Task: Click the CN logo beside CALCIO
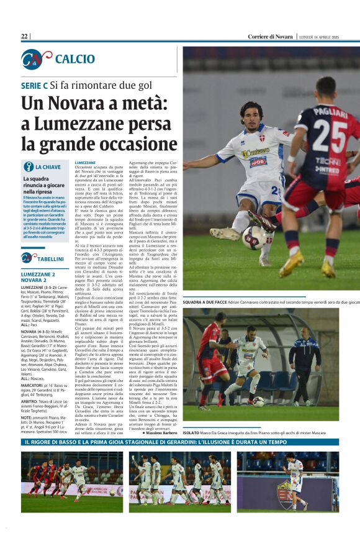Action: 36,59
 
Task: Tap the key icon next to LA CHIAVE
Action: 28,166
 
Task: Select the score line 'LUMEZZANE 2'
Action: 38,274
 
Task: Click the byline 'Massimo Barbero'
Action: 160,450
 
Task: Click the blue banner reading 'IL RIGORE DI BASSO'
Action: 179,460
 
